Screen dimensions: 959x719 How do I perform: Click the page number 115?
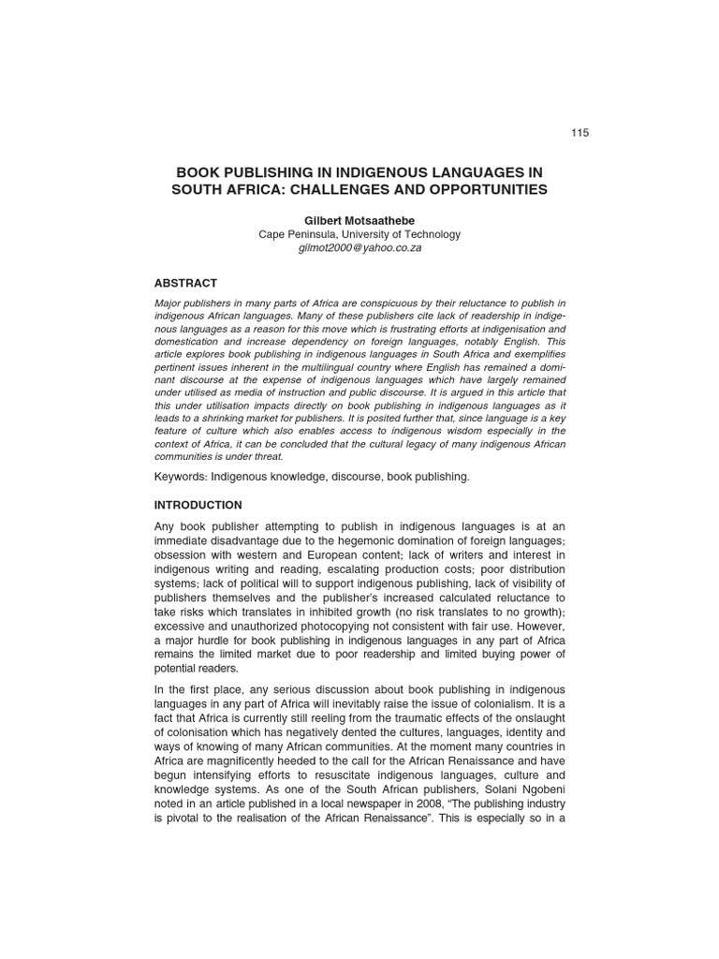click(580, 133)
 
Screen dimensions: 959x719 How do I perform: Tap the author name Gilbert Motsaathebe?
click(359, 220)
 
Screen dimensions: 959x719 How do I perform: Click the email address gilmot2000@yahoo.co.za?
click(359, 248)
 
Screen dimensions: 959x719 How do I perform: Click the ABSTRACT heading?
click(185, 283)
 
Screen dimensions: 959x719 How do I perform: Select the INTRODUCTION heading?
click(198, 505)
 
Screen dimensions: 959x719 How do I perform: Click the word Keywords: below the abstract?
click(181, 477)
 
